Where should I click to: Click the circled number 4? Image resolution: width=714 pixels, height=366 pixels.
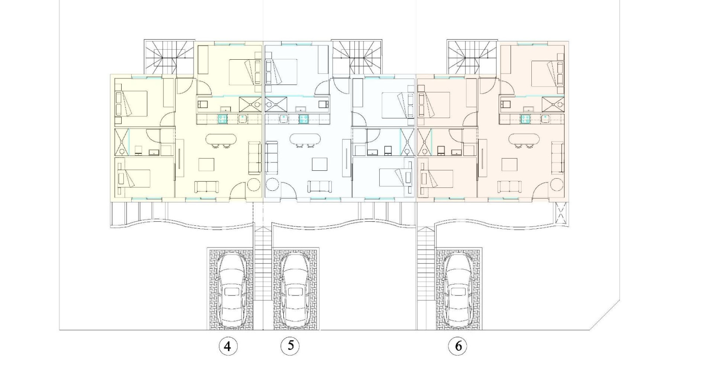coord(227,346)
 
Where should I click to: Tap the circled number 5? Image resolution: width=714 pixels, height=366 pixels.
coord(291,346)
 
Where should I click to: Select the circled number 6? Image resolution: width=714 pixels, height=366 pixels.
coord(458,346)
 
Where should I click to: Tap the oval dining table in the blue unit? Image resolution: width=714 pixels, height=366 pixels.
coord(305,139)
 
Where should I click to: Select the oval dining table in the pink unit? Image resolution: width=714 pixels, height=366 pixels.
coord(524,139)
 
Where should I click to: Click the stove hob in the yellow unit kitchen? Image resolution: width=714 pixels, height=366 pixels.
coord(223,119)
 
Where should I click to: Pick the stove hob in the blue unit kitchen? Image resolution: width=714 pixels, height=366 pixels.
coord(303,119)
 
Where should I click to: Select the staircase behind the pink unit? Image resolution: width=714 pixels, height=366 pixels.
coord(472,58)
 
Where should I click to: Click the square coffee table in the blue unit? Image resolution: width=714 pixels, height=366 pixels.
coord(320,164)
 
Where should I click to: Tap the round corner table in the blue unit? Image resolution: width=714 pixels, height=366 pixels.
coord(272,184)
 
